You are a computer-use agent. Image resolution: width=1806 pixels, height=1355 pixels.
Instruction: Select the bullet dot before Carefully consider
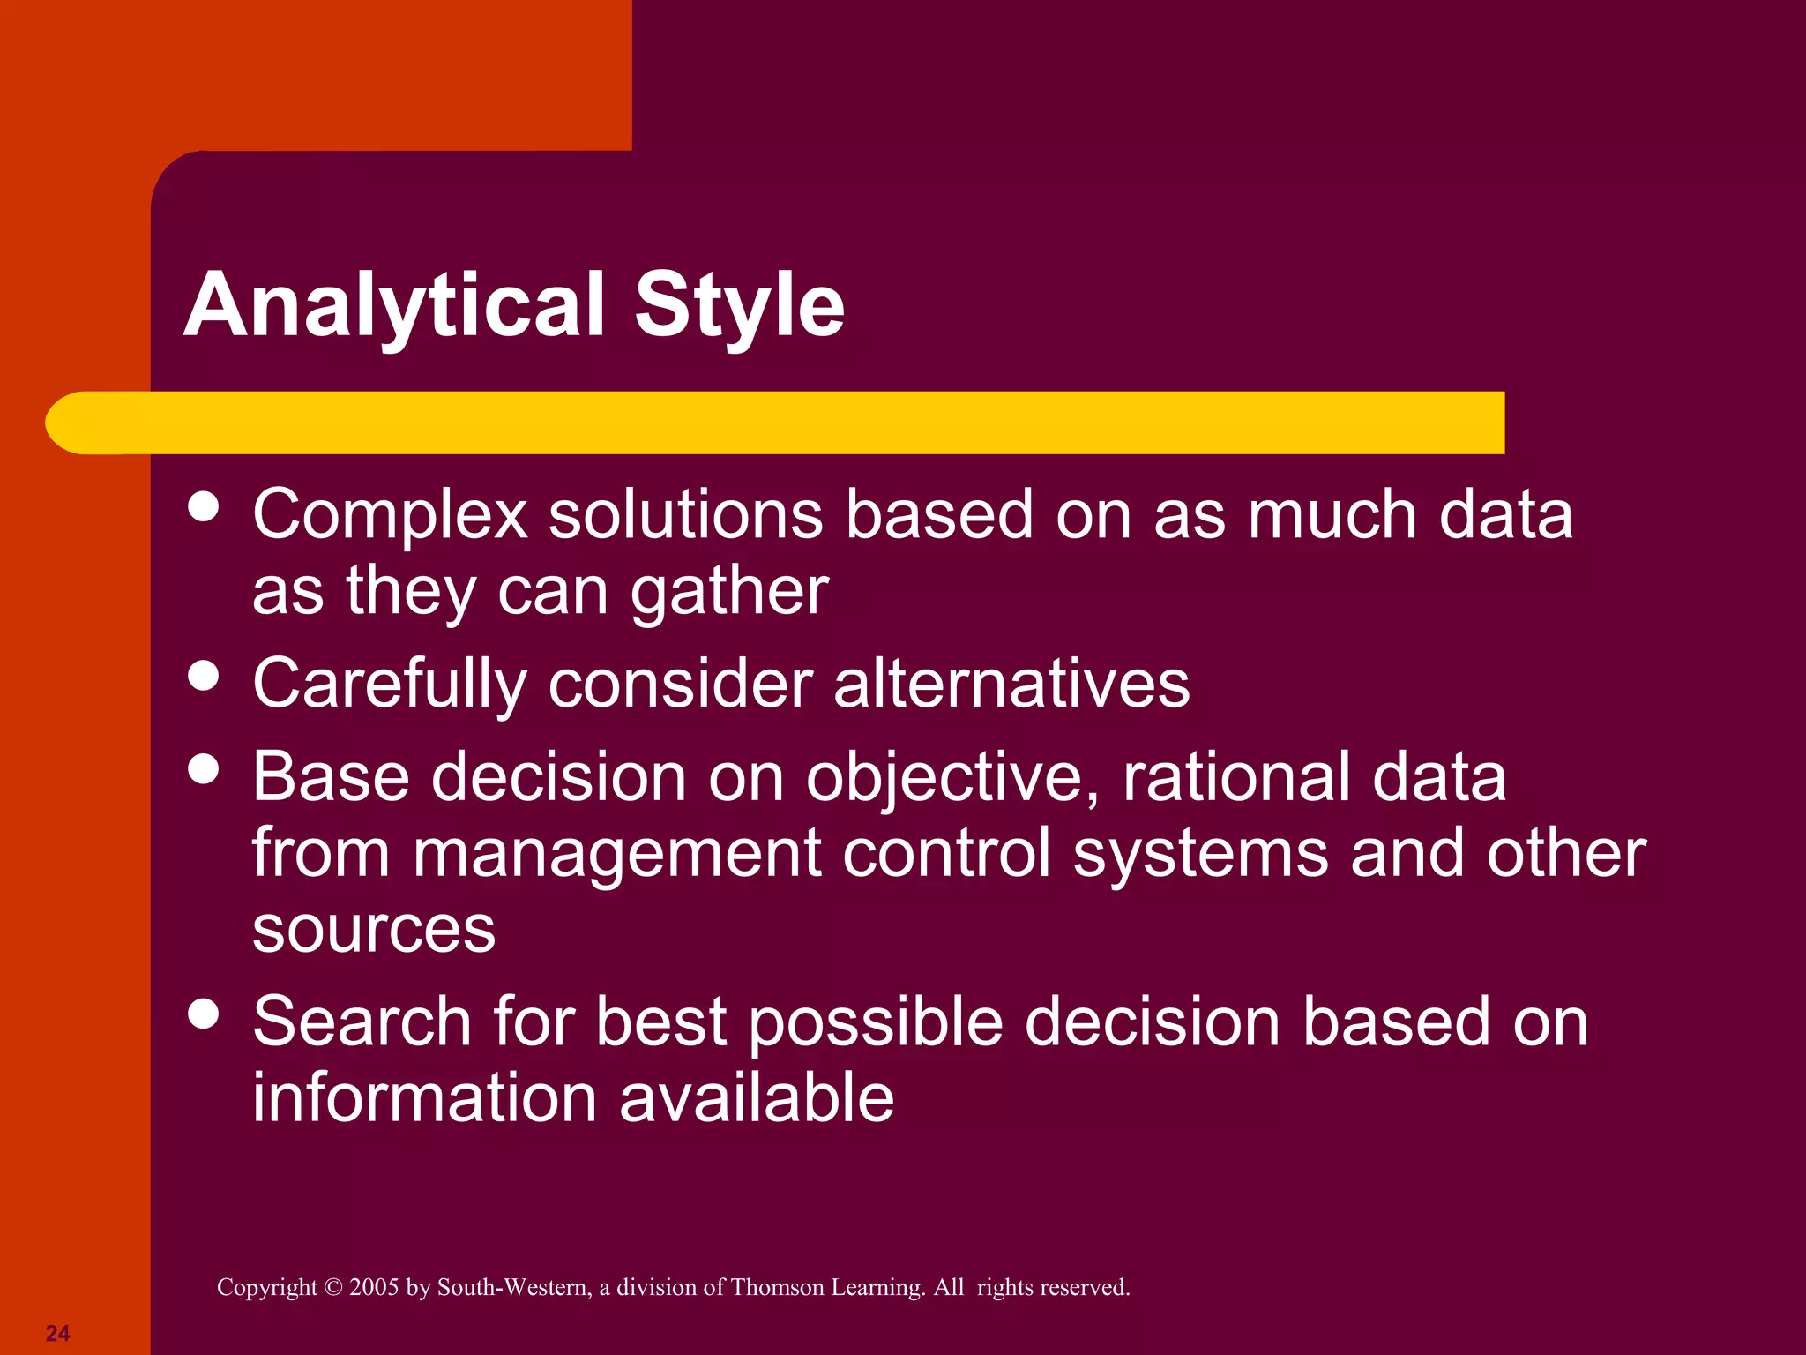point(204,676)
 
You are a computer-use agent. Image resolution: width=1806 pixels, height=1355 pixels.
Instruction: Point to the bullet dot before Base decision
point(204,768)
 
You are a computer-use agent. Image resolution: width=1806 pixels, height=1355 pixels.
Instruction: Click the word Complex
point(390,516)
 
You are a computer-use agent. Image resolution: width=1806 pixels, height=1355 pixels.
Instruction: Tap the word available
point(757,1098)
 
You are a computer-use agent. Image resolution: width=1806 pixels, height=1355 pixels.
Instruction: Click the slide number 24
point(57,1333)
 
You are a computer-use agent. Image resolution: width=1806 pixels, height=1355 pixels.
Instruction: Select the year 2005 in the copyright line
point(374,1287)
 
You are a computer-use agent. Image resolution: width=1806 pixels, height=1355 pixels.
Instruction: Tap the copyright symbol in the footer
point(332,1287)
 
